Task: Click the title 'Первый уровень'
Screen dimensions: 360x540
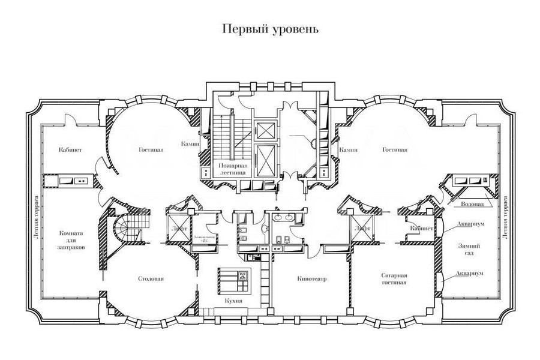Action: coord(269,29)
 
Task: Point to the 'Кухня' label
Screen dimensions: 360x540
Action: coord(235,302)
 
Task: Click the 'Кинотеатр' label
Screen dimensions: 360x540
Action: coord(311,278)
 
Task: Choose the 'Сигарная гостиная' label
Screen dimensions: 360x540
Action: coord(394,278)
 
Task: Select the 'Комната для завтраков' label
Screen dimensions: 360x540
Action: coord(72,239)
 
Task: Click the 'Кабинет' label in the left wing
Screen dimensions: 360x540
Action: coord(70,150)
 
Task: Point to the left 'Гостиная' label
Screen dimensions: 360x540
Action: coord(151,150)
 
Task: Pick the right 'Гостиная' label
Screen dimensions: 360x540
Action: coord(394,150)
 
